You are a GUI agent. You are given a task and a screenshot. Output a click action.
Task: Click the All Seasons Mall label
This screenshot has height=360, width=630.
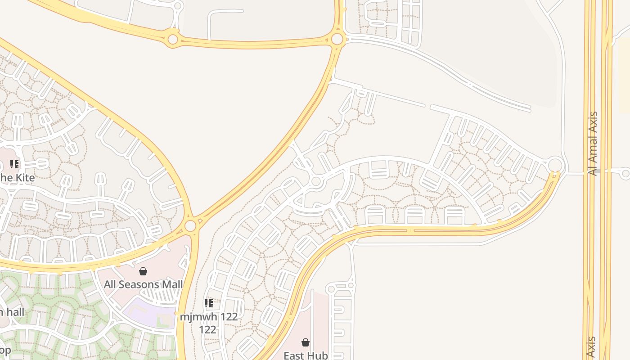click(x=143, y=284)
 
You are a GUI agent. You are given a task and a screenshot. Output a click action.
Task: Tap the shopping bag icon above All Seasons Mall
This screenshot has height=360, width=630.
click(x=143, y=271)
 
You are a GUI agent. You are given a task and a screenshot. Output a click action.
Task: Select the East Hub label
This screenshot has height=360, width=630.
click(x=306, y=355)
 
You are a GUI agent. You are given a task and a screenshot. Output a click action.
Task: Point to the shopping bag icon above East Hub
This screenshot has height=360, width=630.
click(x=306, y=342)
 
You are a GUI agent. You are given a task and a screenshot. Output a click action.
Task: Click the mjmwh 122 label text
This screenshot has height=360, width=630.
click(x=208, y=316)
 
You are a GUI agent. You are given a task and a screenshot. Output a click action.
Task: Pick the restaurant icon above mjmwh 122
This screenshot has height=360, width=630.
click(x=208, y=303)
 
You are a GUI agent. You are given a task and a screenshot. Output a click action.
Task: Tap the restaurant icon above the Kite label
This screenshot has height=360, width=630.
click(x=14, y=164)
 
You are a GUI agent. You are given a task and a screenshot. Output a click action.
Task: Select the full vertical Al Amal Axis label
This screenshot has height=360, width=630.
click(x=593, y=144)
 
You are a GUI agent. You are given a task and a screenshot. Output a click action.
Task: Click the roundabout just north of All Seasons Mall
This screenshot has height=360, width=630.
click(x=190, y=225)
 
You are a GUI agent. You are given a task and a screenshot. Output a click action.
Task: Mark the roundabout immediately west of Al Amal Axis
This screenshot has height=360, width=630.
click(x=556, y=165)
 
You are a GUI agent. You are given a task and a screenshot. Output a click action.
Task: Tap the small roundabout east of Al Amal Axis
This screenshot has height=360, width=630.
click(x=625, y=172)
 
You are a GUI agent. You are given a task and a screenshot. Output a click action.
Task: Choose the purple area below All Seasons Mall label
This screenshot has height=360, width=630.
click(x=148, y=311)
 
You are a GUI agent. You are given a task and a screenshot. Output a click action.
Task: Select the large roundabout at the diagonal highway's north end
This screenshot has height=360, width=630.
click(x=337, y=39)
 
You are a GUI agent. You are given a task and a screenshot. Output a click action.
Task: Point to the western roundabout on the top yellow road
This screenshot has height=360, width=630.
click(x=173, y=39)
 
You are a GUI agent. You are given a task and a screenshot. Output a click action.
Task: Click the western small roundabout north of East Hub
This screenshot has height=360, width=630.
click(x=331, y=288)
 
